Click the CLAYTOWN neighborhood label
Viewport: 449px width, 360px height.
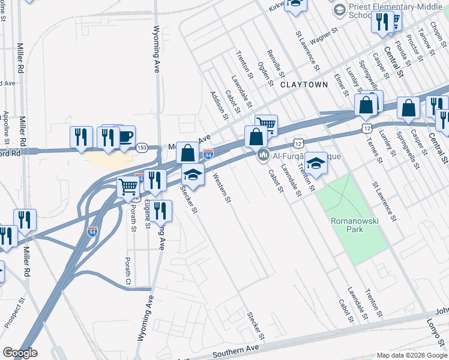(x=304, y=85)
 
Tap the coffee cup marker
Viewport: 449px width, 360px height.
(x=124, y=137)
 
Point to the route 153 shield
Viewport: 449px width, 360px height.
(x=142, y=147)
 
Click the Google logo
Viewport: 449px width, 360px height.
(x=20, y=353)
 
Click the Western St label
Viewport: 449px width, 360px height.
(x=221, y=188)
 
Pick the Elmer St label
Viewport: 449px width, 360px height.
(x=341, y=83)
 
